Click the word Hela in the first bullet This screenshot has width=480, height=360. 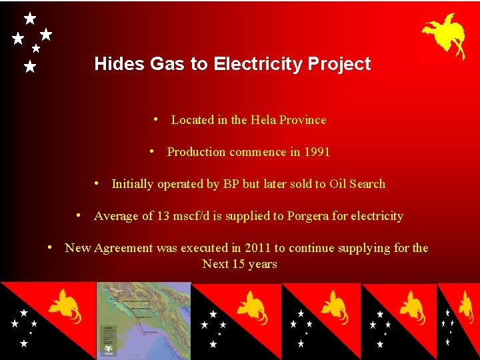[263, 120]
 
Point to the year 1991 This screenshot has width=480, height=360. [317, 152]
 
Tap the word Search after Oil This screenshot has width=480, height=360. [367, 184]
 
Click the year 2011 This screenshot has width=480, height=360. [257, 248]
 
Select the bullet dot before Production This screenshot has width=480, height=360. [152, 151]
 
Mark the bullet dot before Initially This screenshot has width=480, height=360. [97, 183]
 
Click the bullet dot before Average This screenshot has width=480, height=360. [79, 215]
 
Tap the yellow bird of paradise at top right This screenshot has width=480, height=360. [445, 35]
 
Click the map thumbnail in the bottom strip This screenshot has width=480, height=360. [144, 321]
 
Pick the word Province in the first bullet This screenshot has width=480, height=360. [303, 120]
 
